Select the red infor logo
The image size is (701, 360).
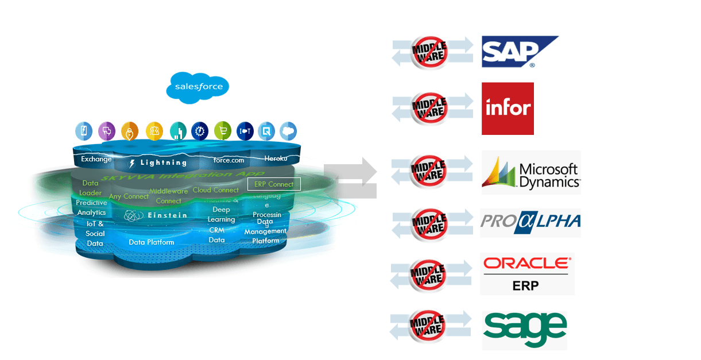508,109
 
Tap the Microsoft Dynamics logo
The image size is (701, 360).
531,172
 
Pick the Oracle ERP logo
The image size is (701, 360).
527,274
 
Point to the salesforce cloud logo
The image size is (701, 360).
198,87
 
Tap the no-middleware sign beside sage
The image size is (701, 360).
427,326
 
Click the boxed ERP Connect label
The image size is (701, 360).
274,184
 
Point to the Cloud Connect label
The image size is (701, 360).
215,190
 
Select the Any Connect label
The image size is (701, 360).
129,196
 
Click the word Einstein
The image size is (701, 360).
167,215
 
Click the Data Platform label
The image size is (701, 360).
151,242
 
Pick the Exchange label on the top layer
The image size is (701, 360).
96,159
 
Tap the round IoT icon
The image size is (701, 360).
245,131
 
